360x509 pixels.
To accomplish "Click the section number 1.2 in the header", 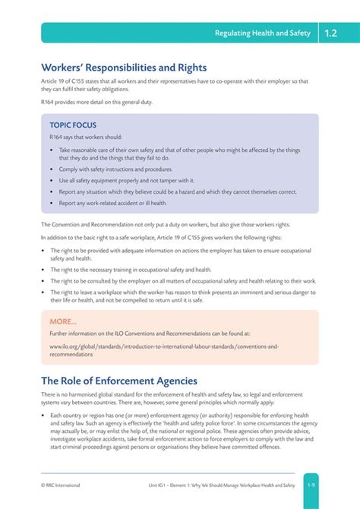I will click(x=331, y=33).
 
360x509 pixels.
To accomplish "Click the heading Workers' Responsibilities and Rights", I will click(x=124, y=68).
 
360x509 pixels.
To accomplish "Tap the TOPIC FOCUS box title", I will click(x=73, y=125).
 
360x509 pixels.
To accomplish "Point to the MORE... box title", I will click(x=63, y=321).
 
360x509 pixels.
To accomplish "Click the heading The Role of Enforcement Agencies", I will click(x=119, y=381).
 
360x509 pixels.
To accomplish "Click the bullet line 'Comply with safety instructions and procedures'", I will click(x=115, y=169).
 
